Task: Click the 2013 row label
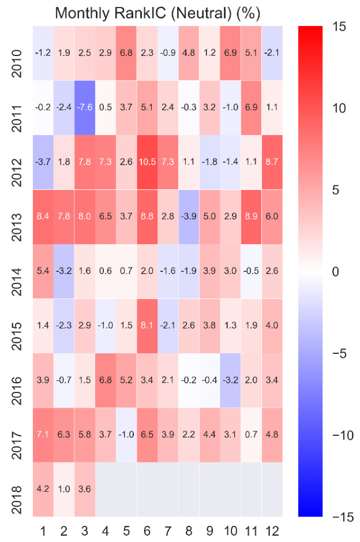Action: [17, 216]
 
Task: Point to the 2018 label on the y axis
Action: [17, 489]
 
